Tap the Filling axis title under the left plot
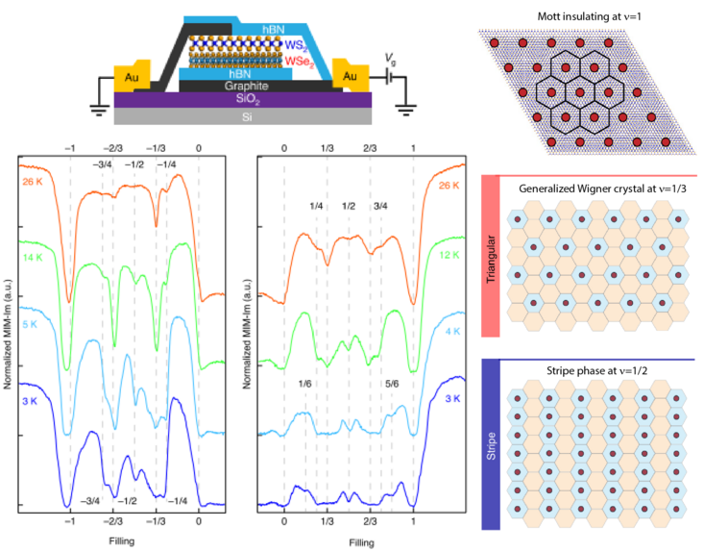coord(120,541)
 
